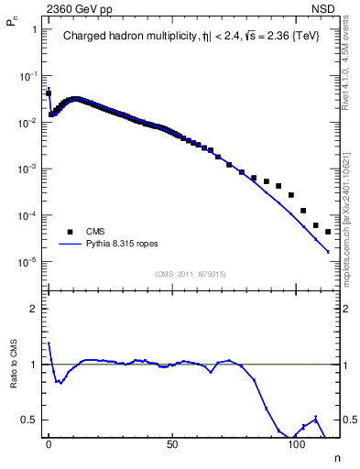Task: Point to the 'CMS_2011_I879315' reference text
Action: click(x=191, y=274)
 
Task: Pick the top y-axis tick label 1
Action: click(x=34, y=29)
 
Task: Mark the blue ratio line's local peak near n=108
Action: click(x=315, y=419)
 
